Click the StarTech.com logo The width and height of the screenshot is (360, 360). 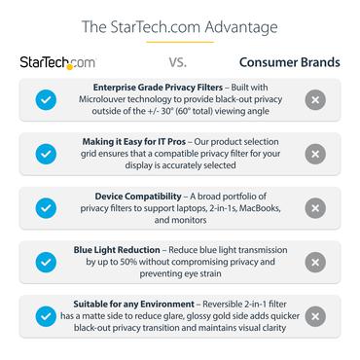57,63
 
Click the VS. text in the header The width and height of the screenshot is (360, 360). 177,63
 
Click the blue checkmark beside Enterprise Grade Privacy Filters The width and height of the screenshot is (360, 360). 45,99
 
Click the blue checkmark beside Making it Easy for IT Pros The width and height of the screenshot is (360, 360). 45,154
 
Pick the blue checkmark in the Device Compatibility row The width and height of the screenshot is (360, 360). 45,208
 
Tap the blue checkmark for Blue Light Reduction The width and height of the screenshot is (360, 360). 45,262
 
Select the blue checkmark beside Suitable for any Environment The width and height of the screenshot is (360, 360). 45,316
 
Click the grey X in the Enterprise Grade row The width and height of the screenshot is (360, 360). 314,99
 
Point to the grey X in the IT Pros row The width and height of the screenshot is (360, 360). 314,154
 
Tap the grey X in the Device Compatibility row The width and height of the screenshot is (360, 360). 314,208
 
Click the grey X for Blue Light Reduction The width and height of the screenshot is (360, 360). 314,262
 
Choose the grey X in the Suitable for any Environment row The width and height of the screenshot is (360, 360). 314,316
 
